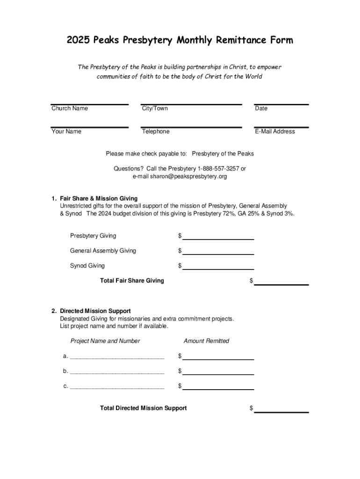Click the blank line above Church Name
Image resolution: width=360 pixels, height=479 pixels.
pos(90,103)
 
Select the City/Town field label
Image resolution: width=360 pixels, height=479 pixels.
pos(155,109)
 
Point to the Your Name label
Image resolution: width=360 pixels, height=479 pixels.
pos(66,131)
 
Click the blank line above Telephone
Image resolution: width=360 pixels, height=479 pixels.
pos(191,126)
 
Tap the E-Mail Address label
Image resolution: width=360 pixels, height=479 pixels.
pos(275,131)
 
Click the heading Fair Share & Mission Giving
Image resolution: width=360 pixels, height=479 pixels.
pos(99,198)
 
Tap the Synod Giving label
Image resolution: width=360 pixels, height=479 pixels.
pos(87,266)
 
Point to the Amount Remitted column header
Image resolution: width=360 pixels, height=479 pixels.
pos(206,341)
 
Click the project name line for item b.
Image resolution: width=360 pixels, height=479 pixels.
pos(117,373)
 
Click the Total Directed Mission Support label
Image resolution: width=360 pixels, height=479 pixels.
pos(143,408)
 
